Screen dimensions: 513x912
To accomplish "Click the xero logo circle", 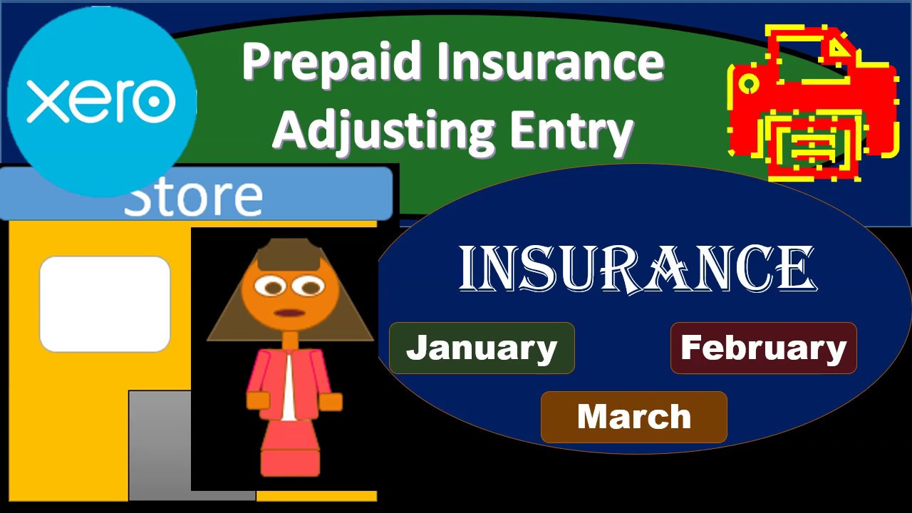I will pyautogui.click(x=101, y=100).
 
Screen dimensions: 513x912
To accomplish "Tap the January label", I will pyautogui.click(x=482, y=348).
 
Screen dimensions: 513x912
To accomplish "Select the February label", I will pyautogui.click(x=763, y=348).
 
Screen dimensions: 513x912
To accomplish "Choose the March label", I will pyautogui.click(x=633, y=417).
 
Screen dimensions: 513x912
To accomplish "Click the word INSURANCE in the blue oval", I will pyautogui.click(x=636, y=269).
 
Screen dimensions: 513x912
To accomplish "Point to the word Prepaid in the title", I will pyautogui.click(x=332, y=63).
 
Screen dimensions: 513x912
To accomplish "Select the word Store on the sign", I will pyautogui.click(x=192, y=197).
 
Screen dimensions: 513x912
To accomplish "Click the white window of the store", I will pyautogui.click(x=105, y=304).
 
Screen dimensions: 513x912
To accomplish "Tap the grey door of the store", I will pyautogui.click(x=160, y=442).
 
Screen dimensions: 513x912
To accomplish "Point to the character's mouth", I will pyautogui.click(x=289, y=312).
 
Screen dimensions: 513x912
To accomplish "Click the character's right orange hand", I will pyautogui.click(x=331, y=402).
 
